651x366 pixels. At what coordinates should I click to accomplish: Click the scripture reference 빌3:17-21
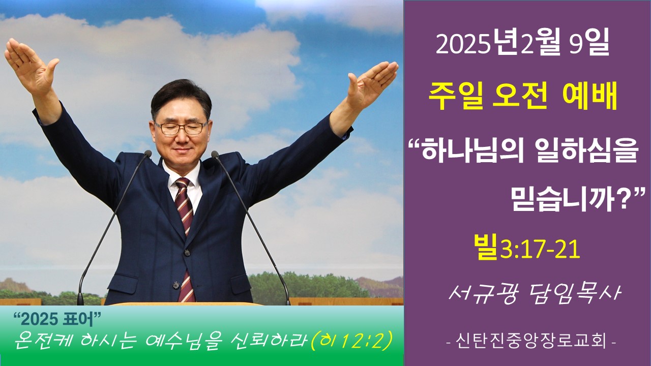[x=527, y=248]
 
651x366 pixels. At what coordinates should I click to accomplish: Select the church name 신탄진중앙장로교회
[x=531, y=342]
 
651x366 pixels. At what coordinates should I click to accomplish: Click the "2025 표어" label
[x=57, y=320]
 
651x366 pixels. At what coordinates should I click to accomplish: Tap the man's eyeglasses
[x=182, y=128]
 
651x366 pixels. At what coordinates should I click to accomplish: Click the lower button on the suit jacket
[x=176, y=285]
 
